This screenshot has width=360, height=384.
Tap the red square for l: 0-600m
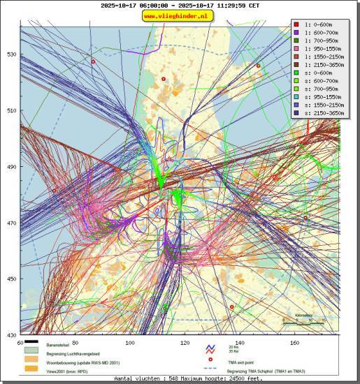point(297,25)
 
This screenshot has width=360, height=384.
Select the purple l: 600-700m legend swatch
point(297,33)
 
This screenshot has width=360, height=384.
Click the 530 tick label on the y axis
point(12,54)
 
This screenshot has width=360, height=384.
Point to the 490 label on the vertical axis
point(12,168)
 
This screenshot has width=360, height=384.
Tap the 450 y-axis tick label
point(12,279)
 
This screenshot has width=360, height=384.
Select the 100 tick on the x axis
point(130,342)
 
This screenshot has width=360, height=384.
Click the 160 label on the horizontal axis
point(294,342)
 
